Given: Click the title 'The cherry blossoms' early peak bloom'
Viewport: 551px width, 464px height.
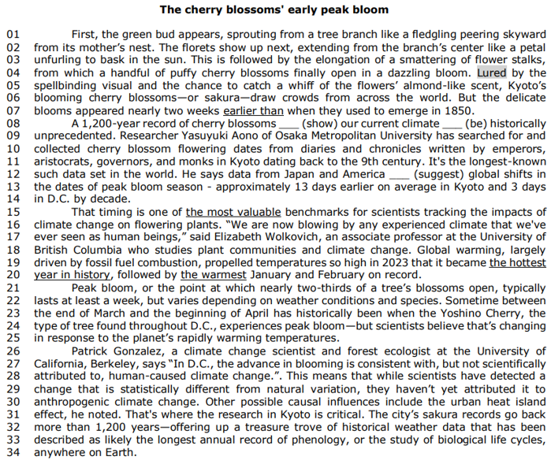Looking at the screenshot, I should (x=274, y=9).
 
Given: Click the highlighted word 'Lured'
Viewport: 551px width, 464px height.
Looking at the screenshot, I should (x=493, y=72).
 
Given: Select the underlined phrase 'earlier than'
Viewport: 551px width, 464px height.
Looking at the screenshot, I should (x=253, y=111).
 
